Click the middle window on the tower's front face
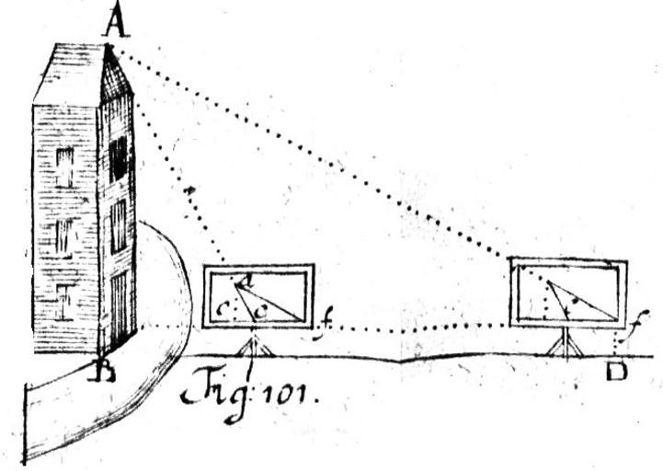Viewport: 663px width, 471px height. coord(63,236)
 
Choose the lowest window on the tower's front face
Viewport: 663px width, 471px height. coord(62,302)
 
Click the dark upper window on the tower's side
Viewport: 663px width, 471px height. coord(118,157)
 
